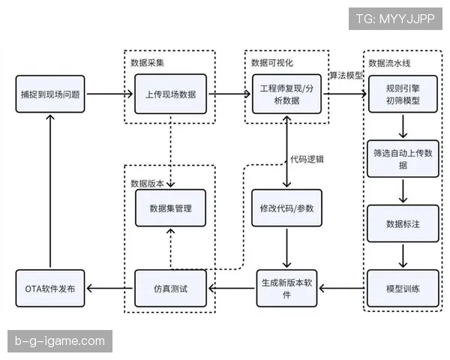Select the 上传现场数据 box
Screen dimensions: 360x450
(170, 94)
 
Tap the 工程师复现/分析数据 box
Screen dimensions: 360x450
(288, 94)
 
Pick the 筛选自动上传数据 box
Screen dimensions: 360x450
(403, 158)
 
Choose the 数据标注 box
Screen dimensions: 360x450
(403, 223)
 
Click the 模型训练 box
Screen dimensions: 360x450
(403, 288)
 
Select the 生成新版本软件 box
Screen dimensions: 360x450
(288, 288)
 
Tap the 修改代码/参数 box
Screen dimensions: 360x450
(288, 208)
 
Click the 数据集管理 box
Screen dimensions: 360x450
(170, 208)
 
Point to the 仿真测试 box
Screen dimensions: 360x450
(170, 288)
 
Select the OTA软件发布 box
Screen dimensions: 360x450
(50, 288)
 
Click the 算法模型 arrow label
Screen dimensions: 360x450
(346, 76)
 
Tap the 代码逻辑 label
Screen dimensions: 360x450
(307, 159)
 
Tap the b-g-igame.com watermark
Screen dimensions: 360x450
(60, 341)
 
